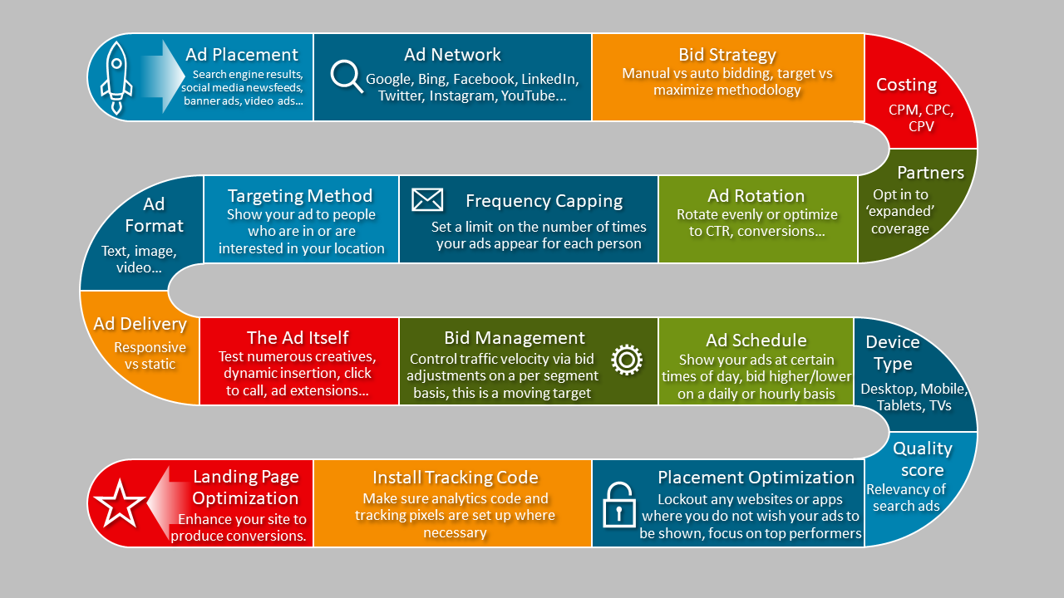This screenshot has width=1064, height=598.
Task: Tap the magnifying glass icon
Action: pyautogui.click(x=347, y=76)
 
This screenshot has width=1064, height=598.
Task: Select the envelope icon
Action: pyautogui.click(x=427, y=199)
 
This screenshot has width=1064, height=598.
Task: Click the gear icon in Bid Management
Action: pyautogui.click(x=627, y=360)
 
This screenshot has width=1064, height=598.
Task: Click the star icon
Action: pyautogui.click(x=119, y=503)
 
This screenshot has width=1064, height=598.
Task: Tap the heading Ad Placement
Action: pyautogui.click(x=242, y=55)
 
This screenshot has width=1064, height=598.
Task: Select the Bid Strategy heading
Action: pyautogui.click(x=727, y=55)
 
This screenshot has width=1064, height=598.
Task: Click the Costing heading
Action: pyautogui.click(x=906, y=85)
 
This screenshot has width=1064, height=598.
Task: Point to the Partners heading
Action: pyautogui.click(x=930, y=173)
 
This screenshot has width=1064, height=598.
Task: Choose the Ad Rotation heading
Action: pyautogui.click(x=756, y=196)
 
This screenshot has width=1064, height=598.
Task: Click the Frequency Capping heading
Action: pyautogui.click(x=544, y=201)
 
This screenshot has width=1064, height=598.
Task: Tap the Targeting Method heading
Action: pyautogui.click(x=300, y=196)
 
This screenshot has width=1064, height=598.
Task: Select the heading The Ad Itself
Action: pyautogui.click(x=298, y=337)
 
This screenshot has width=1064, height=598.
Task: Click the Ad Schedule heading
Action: pyautogui.click(x=756, y=340)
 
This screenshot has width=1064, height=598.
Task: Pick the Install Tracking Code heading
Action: pyautogui.click(x=455, y=478)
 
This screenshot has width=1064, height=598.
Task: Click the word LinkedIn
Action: pyautogui.click(x=549, y=80)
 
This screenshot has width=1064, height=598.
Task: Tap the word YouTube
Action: pyautogui.click(x=534, y=96)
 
